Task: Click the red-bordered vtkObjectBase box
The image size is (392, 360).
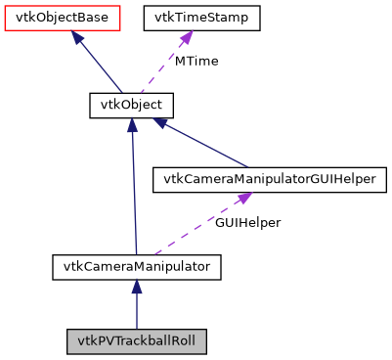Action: pos(63,18)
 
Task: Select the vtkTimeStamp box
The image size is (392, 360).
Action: pos(202,18)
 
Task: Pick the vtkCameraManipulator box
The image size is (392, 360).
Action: pos(137,265)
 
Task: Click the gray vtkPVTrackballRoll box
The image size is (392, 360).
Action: pos(137,342)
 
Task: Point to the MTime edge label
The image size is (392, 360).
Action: pos(196,61)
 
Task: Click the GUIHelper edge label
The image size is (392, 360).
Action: pos(248,223)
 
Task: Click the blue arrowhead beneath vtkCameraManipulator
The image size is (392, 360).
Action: pos(137,287)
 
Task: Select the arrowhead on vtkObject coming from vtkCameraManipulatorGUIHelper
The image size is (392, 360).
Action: pos(167,124)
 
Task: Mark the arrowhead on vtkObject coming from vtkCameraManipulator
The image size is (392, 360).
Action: pos(132,126)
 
